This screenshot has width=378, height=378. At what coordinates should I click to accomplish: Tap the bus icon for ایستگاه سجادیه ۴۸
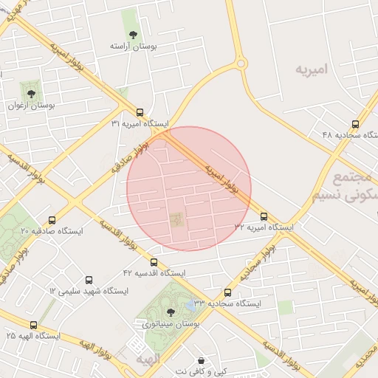click(x=356, y=124)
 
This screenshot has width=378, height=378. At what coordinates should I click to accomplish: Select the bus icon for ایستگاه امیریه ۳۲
click(x=264, y=216)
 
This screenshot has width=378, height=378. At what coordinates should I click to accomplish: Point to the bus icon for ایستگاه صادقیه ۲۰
click(x=52, y=220)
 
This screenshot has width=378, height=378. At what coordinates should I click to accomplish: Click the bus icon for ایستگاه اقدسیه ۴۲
click(x=154, y=262)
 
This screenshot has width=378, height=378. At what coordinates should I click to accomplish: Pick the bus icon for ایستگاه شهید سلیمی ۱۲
click(x=89, y=281)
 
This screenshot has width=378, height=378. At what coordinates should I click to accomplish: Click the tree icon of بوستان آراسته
click(x=133, y=35)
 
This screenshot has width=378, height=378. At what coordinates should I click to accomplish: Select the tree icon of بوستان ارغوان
click(x=31, y=94)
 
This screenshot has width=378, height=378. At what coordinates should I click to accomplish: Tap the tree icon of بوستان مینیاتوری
click(x=171, y=312)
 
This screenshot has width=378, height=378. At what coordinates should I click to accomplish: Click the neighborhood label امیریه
click(x=311, y=70)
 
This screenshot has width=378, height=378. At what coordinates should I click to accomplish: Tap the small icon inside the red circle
click(x=176, y=219)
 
